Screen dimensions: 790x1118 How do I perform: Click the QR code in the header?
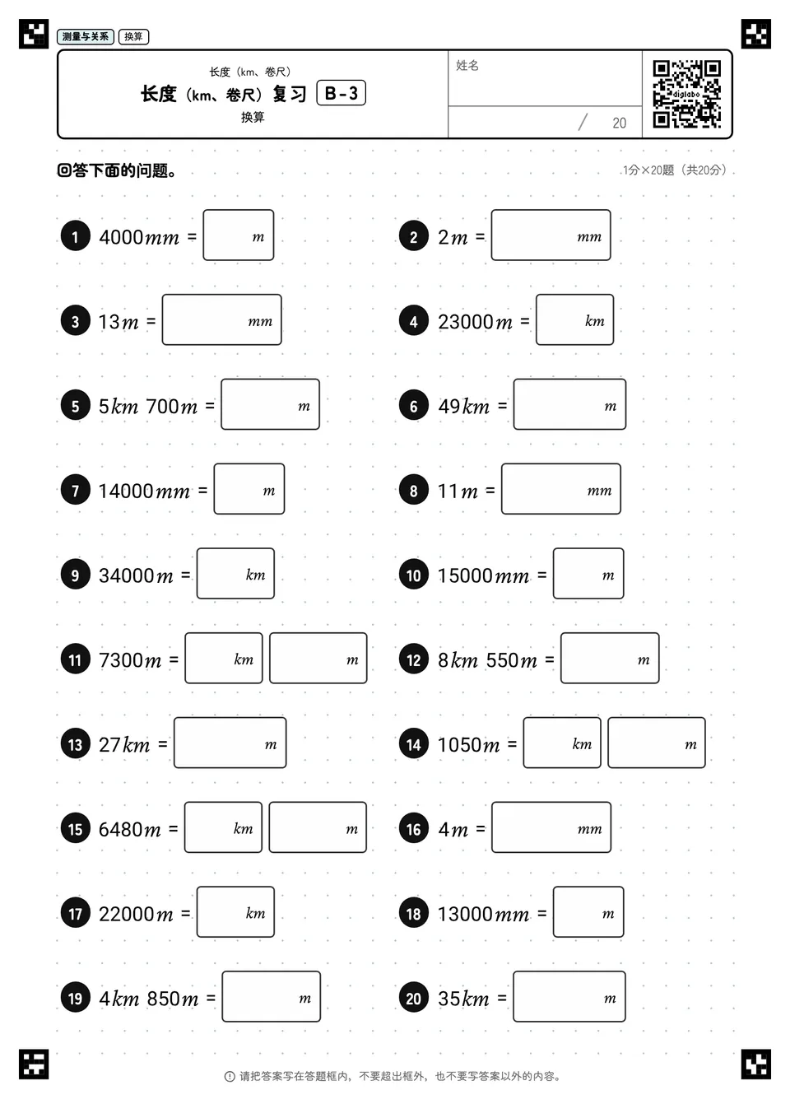(x=687, y=94)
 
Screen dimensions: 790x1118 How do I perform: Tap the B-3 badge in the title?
(x=342, y=93)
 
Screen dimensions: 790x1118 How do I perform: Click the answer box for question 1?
(x=239, y=235)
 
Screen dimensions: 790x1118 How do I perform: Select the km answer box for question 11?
(x=224, y=658)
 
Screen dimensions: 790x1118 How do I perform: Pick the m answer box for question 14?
(x=657, y=742)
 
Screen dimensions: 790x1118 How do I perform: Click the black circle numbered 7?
(x=76, y=490)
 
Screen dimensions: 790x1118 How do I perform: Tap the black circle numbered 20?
(x=413, y=998)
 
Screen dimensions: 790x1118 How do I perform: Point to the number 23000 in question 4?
(x=466, y=322)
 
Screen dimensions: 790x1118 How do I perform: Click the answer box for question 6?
(x=569, y=404)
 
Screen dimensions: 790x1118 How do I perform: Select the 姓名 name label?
(x=467, y=65)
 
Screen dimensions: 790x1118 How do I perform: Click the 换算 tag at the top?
(x=133, y=36)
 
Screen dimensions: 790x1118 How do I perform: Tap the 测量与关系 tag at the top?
(x=86, y=36)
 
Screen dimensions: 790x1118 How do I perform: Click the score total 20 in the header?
(x=619, y=123)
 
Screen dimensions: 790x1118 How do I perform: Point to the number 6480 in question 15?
(x=119, y=830)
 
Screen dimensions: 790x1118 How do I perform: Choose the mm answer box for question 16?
(x=551, y=827)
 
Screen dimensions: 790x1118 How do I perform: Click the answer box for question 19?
(x=272, y=996)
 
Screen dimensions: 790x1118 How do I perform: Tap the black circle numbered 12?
(x=413, y=659)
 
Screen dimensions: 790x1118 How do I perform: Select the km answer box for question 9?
(x=235, y=573)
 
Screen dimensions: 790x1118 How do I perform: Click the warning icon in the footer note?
(x=230, y=1076)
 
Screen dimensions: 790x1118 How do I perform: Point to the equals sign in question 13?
(x=163, y=744)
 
